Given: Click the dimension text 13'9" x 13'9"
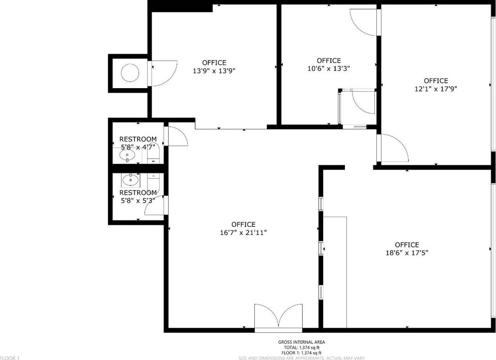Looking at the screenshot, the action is (x=214, y=71).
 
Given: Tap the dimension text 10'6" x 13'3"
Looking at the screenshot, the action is (x=329, y=68).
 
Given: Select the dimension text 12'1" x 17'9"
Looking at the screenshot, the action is (x=436, y=89).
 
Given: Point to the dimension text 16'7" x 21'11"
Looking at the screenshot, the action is (x=243, y=233).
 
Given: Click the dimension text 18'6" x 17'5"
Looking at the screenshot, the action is (x=407, y=253).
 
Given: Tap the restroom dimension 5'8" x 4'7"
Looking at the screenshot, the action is (x=138, y=147).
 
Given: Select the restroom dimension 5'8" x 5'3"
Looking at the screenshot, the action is (x=138, y=201).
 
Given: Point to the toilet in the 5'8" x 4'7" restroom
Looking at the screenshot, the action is (x=154, y=156).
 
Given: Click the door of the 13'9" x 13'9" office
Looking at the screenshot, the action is (x=164, y=73).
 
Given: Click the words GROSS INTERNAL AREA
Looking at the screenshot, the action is (x=301, y=342).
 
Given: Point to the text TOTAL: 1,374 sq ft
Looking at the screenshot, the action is (x=301, y=348).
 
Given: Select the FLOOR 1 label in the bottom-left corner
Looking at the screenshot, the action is (x=10, y=358).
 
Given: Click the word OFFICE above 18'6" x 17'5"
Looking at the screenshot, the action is (x=407, y=245).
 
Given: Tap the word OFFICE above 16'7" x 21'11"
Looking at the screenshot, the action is (x=243, y=225).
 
